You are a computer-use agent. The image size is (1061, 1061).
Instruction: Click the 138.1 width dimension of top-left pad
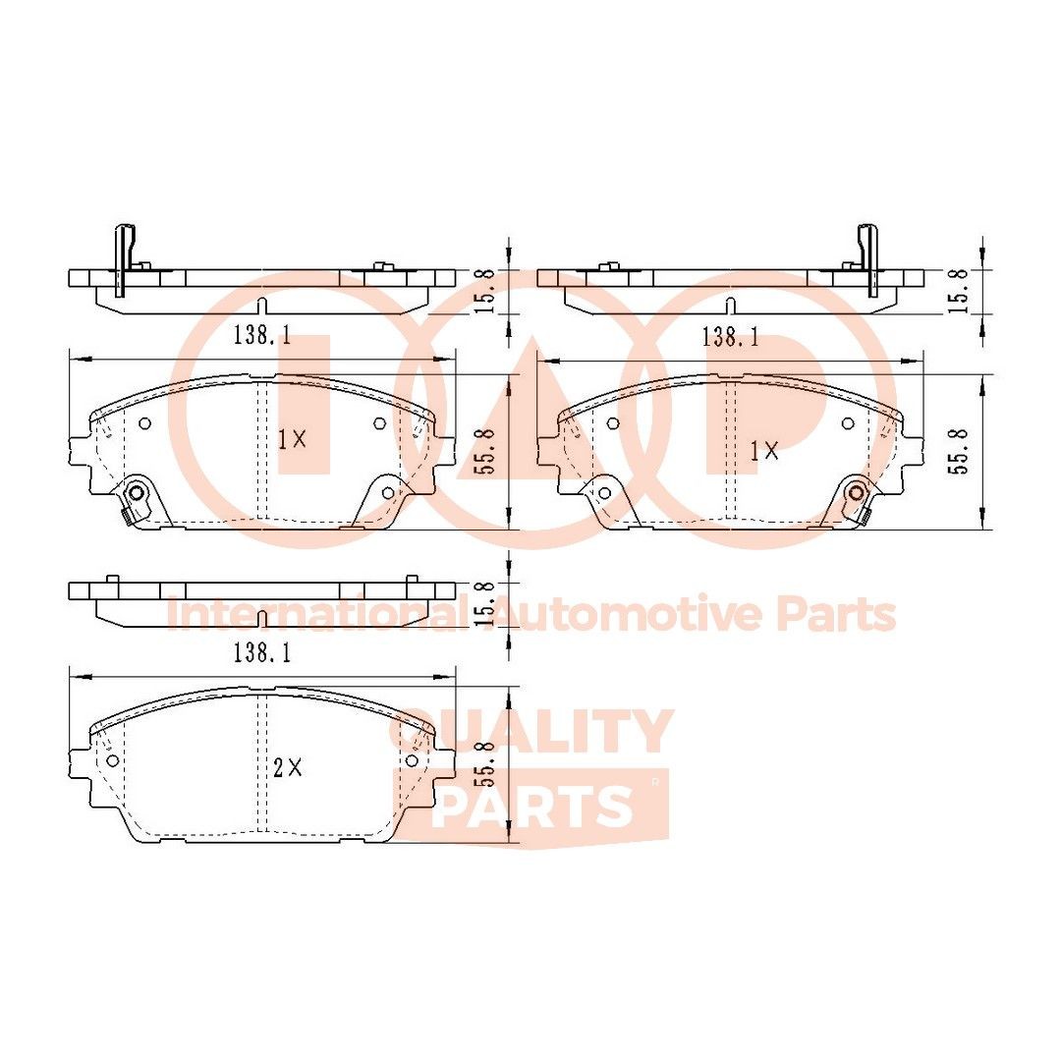coord(262,336)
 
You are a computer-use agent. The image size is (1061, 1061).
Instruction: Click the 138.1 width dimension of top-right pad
coord(730,337)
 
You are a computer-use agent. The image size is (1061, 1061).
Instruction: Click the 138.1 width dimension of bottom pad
coord(262,651)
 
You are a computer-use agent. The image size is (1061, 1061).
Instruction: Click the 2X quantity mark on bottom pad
coord(289,769)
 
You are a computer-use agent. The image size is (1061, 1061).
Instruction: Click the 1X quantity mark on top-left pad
coord(292,440)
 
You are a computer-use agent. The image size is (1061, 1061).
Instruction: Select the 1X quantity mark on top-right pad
coord(763,451)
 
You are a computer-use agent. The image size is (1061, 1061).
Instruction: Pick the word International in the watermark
coord(314,615)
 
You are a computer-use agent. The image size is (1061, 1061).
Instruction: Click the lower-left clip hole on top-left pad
coord(137,492)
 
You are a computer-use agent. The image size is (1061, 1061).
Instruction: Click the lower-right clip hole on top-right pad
coord(857,492)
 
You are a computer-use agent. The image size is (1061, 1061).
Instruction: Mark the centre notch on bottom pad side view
coord(262,619)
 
